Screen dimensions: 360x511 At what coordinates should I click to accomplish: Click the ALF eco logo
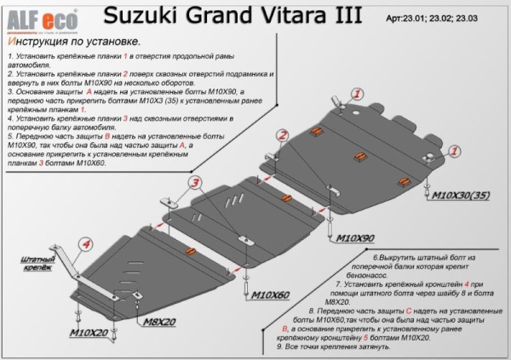coord(32,14)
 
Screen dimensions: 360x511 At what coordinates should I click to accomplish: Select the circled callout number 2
coord(280,134)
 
